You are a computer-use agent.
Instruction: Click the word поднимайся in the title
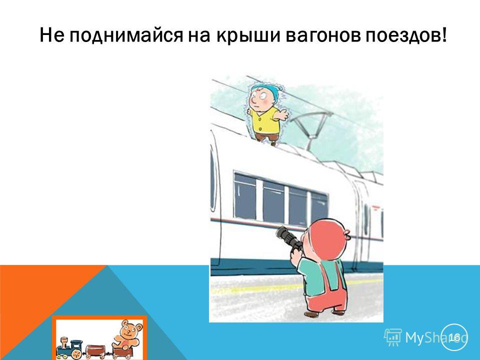[125, 36]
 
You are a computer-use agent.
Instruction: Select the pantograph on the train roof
[310, 129]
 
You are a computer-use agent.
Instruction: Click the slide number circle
[454, 337]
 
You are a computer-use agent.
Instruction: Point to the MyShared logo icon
[393, 337]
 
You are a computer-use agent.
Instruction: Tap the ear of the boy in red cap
[347, 234]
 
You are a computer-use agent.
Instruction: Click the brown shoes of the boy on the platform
[324, 313]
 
